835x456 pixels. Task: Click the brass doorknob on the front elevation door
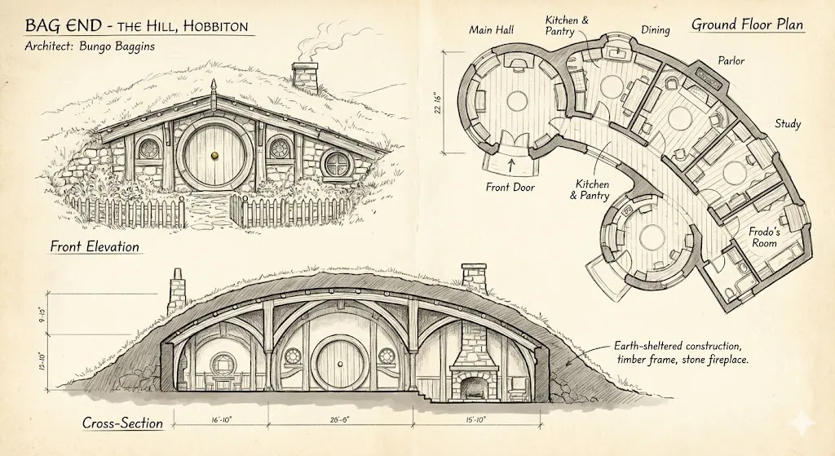tap(215, 155)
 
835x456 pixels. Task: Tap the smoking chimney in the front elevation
tap(305, 78)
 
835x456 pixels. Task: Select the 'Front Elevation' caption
tap(95, 246)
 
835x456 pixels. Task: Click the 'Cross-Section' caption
tap(122, 423)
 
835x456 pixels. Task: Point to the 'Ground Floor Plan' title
tap(747, 24)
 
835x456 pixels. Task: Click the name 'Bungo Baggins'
tap(117, 46)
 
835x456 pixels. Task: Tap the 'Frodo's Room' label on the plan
tap(764, 237)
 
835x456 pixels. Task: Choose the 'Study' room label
tap(787, 124)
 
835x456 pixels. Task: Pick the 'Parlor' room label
tap(731, 60)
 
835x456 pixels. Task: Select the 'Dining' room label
tap(655, 30)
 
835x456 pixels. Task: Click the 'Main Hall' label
tap(491, 30)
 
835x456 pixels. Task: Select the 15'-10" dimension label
tap(475, 420)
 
